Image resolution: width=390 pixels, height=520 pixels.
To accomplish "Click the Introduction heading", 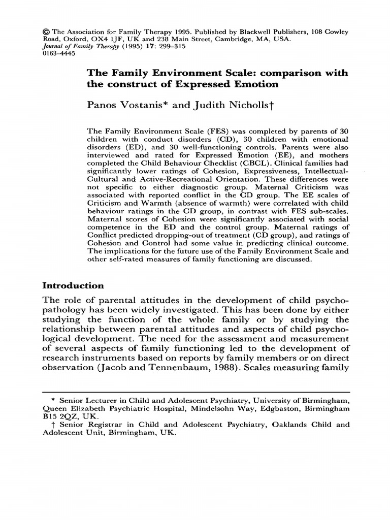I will click(x=73, y=285).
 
